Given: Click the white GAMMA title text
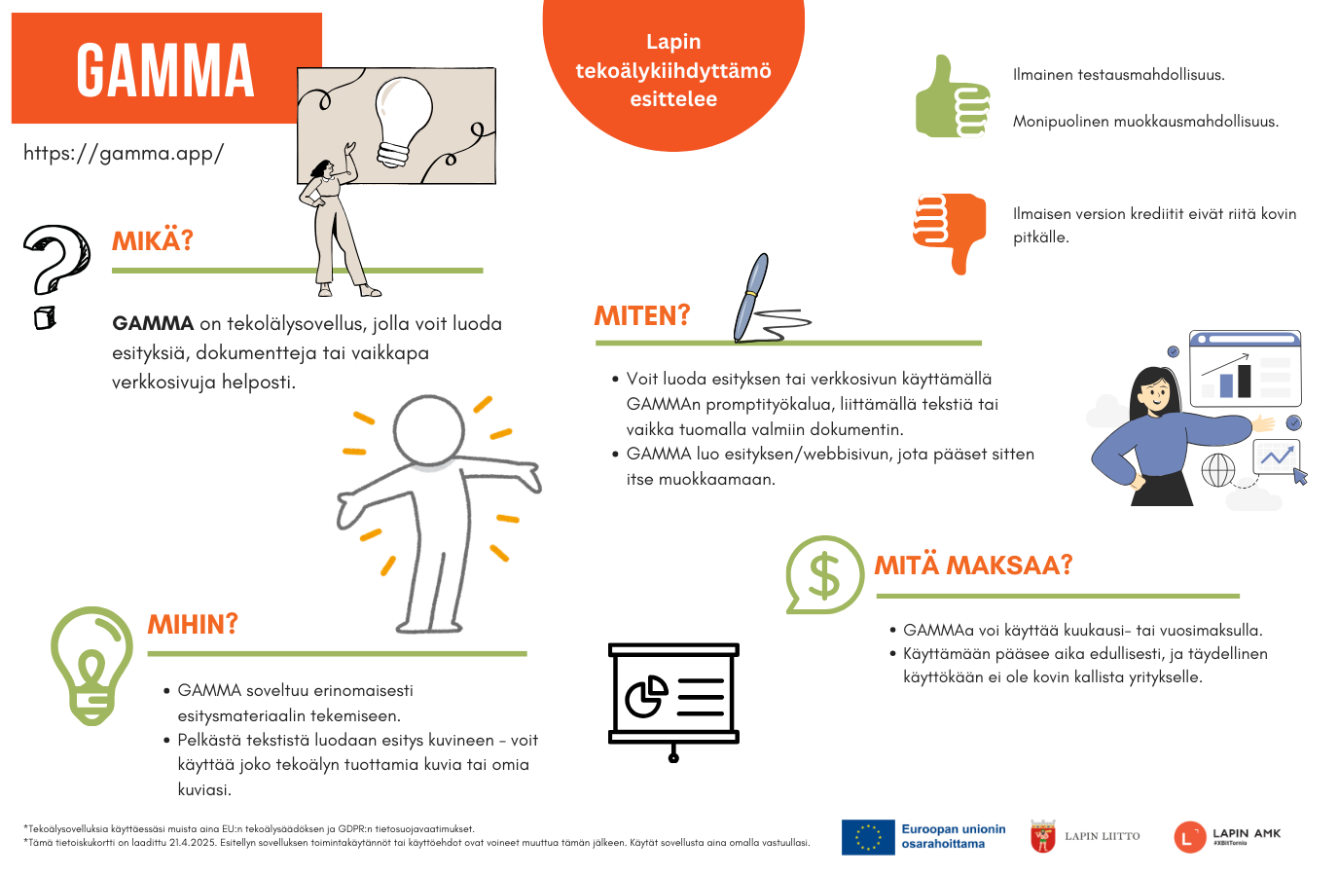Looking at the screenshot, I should click(165, 70).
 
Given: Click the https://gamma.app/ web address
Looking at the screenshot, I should click(124, 153).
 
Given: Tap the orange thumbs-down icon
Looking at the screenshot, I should click(950, 231).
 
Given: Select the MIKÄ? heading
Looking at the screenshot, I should click(153, 240).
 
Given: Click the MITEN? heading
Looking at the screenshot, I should click(642, 315).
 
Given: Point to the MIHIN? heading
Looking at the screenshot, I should click(193, 624).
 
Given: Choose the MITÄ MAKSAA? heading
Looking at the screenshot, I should click(973, 565).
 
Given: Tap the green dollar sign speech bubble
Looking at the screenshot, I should click(823, 574).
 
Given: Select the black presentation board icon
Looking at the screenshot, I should click(673, 697).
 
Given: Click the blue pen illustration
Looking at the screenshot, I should click(751, 296).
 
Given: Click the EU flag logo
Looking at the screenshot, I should click(868, 837).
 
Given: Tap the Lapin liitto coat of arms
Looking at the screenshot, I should click(1043, 836).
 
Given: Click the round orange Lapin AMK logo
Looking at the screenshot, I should click(1189, 837).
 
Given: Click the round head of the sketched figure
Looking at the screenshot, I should click(429, 429).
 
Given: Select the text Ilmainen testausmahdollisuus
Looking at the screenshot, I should click(1118, 75).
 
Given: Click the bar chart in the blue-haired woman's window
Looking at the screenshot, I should click(1235, 379).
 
